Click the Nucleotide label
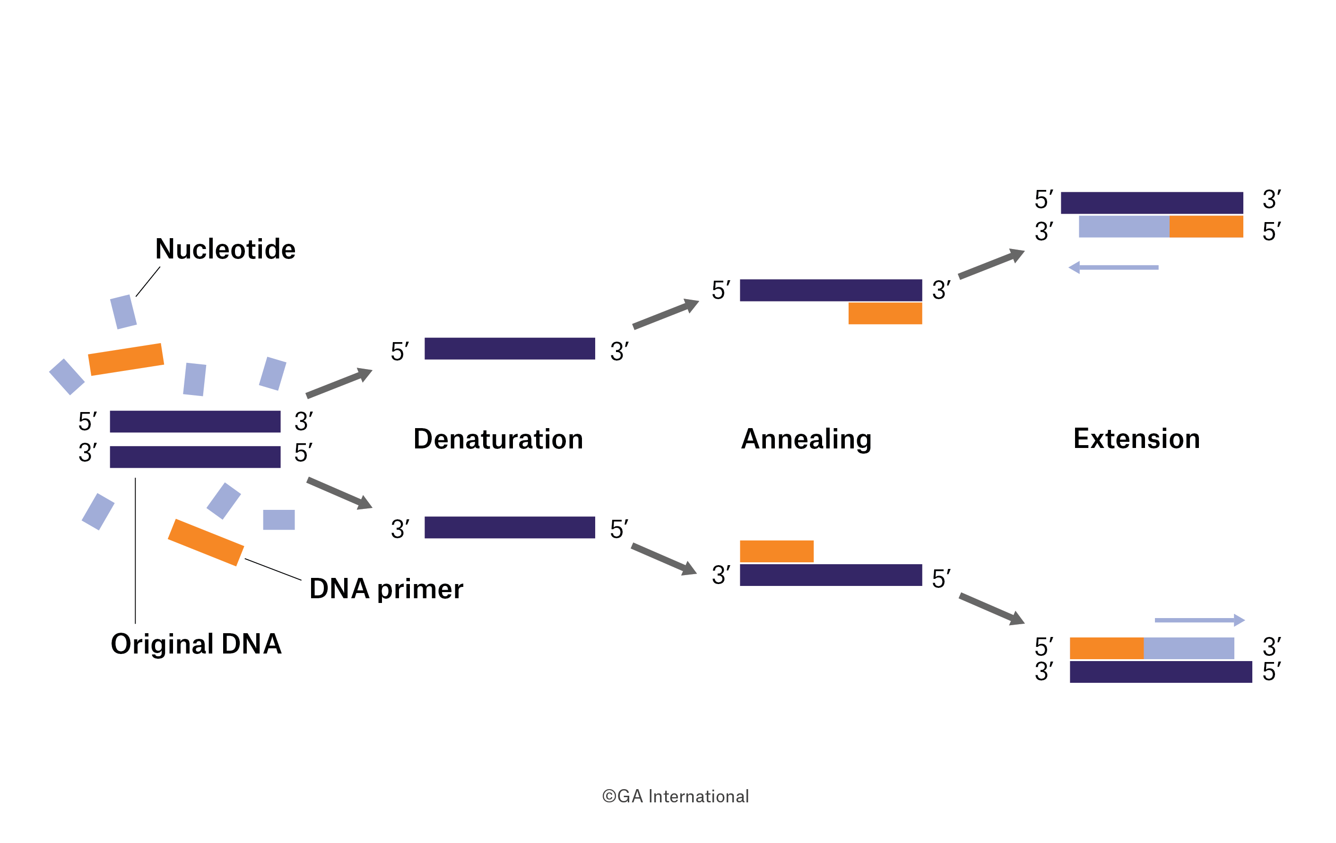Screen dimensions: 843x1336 point(225,249)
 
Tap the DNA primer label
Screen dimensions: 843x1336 point(386,589)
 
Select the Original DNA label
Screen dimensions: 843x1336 point(196,644)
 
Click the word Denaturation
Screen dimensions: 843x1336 point(498,439)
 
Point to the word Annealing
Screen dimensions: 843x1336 point(806,439)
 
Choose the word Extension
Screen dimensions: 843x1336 point(1136,439)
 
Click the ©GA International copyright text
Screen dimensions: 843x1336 point(675,796)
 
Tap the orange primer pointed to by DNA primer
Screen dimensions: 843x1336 point(206,542)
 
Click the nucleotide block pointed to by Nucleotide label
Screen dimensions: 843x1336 point(123,312)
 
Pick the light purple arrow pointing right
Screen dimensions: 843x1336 point(1200,620)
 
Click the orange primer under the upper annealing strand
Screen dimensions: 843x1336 point(885,313)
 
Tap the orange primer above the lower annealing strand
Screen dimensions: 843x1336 point(776,551)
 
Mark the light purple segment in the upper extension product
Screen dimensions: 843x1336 point(1124,227)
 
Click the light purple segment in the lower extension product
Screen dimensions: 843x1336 point(1189,648)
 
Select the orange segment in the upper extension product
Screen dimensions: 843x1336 point(1206,227)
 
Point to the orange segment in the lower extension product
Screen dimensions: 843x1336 point(1106,648)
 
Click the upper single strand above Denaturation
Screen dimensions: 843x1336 point(509,349)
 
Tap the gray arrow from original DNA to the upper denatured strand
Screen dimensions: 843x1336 point(338,383)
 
